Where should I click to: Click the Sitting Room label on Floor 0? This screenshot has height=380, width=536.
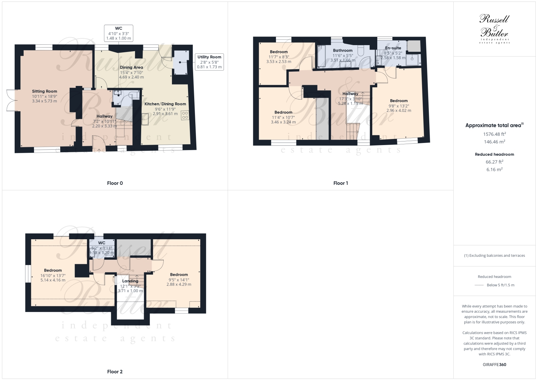44,91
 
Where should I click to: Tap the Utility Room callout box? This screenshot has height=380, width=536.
209,62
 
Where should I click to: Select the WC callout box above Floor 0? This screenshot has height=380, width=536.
119,33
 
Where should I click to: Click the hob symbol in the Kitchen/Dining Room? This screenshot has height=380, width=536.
185,115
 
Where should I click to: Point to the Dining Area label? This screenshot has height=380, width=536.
131,67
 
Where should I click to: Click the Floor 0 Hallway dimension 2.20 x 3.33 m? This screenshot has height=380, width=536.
105,126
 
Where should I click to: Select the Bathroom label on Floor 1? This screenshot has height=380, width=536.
343,50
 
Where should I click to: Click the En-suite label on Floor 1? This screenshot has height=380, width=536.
393,48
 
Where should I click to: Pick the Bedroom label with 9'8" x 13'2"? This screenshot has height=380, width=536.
399,101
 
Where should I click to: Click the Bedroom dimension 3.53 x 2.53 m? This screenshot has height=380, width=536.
279,62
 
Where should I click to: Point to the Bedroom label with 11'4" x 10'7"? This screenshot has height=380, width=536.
283,112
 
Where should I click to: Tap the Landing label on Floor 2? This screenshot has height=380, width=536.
130,281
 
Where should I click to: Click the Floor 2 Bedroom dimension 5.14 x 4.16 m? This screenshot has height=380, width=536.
53,280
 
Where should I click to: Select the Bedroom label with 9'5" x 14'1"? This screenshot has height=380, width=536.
179,275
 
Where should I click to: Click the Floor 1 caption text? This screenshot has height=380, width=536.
340,183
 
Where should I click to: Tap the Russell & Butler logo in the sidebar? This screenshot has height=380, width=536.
494,29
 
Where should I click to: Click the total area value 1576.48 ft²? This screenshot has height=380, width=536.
494,134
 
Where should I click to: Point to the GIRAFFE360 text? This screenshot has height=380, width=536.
494,365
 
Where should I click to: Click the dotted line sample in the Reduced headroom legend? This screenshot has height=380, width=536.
479,285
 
